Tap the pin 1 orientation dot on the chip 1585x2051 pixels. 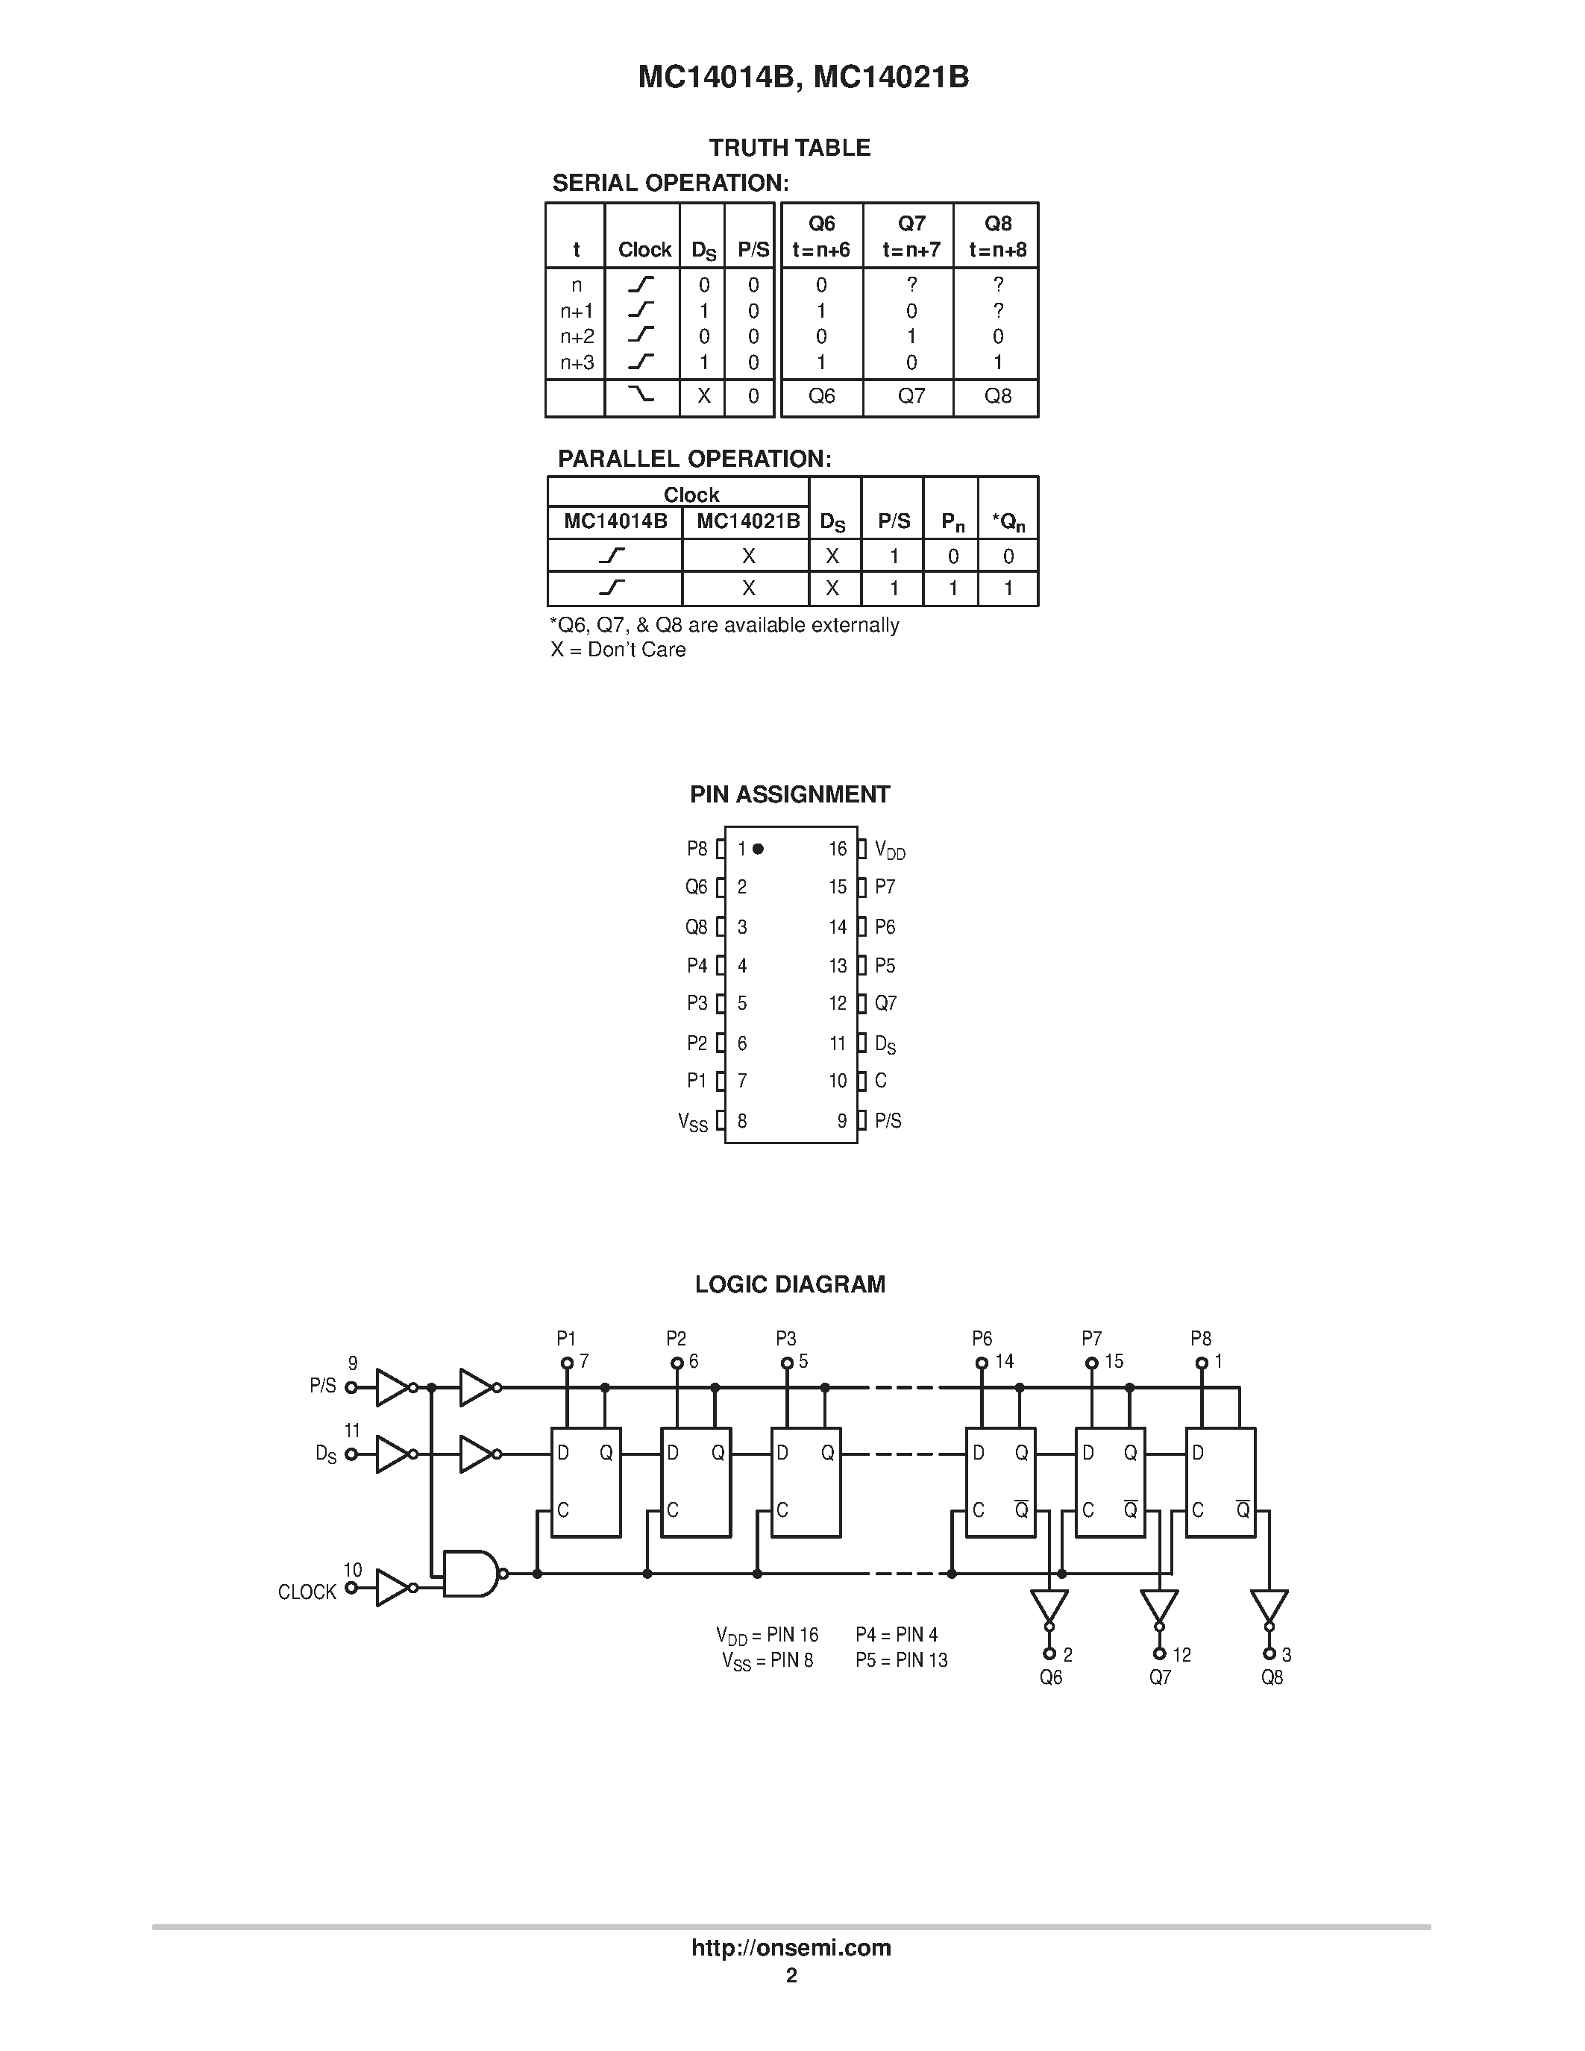tap(758, 848)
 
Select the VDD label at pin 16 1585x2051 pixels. tap(889, 850)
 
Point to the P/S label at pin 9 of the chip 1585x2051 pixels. tap(888, 1120)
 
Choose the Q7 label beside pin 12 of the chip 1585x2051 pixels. tap(885, 1003)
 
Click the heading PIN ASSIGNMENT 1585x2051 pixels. tap(790, 794)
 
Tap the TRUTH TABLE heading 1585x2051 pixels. tap(790, 148)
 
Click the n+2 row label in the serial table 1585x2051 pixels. tap(577, 336)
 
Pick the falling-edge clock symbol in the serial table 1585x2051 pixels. tap(641, 395)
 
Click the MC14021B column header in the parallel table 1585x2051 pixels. tap(747, 521)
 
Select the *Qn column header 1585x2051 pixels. tap(1008, 523)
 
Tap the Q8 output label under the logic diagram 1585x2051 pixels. tap(1272, 1677)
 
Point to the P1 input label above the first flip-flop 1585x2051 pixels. tap(566, 1338)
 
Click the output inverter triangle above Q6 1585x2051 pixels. tap(1049, 1605)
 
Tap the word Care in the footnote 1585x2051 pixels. tap(664, 650)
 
